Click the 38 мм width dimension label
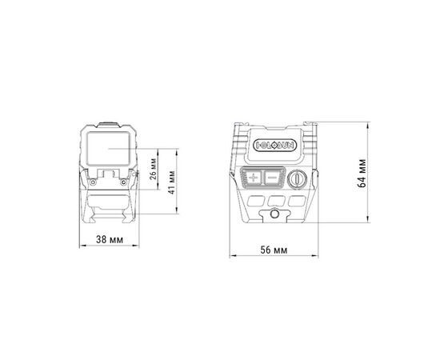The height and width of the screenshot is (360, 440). (x=110, y=240)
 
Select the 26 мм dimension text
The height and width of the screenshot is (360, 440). (x=154, y=170)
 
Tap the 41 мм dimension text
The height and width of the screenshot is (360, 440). (x=172, y=182)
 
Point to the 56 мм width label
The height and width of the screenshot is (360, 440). (x=274, y=250)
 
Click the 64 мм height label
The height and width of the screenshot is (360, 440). (x=362, y=173)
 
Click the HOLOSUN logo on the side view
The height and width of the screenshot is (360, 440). (x=274, y=145)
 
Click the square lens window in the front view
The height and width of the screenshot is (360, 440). (x=109, y=148)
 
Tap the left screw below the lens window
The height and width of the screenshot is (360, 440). (x=93, y=182)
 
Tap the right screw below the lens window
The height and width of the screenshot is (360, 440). (x=123, y=182)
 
